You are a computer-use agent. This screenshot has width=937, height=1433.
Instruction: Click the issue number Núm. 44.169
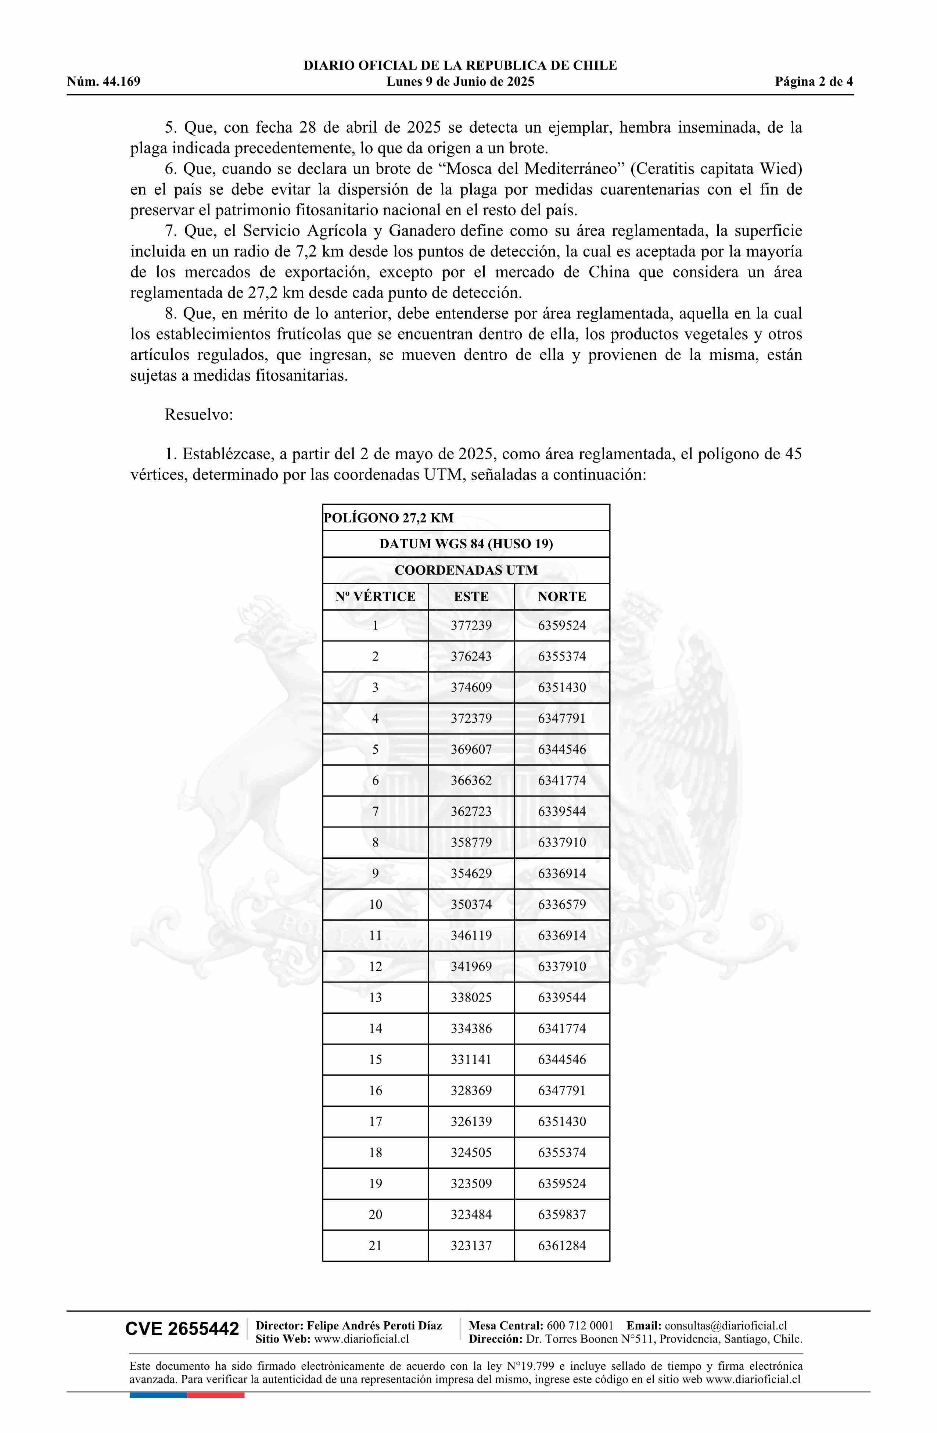point(104,82)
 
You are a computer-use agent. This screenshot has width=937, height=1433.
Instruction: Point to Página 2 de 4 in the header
point(814,82)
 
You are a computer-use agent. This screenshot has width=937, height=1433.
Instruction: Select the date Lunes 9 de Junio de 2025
point(460,82)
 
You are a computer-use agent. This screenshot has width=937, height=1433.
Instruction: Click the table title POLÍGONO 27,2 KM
point(389,518)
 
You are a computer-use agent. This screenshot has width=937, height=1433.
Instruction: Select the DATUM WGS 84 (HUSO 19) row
point(466,544)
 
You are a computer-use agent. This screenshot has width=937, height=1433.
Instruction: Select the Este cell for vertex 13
point(471,997)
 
